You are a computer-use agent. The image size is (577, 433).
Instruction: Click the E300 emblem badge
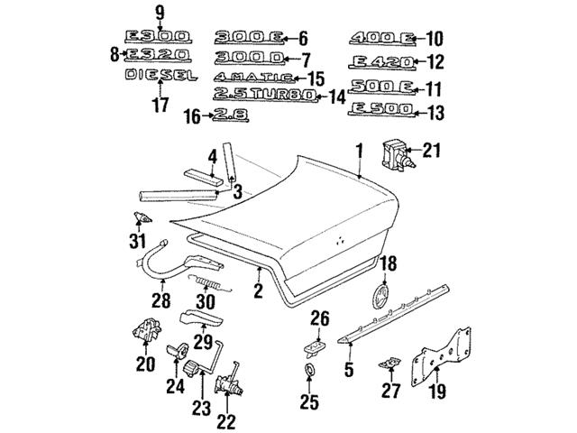coord(158,37)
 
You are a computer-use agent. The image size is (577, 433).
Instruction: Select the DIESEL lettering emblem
coord(161,75)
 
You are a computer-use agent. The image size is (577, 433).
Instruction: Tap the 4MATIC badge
coord(254,78)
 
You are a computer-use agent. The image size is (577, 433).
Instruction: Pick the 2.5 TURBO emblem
coord(265,95)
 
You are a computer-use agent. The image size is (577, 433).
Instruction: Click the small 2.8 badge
coord(231,115)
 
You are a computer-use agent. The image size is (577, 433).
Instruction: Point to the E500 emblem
coord(380,109)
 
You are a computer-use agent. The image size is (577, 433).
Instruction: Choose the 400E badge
coord(382,38)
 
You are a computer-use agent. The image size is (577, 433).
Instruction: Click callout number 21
coord(431,151)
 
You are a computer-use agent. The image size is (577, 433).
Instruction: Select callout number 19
coord(437,391)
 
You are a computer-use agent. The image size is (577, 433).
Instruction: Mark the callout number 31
coord(138,241)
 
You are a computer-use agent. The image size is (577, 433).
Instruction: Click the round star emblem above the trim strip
coord(380,295)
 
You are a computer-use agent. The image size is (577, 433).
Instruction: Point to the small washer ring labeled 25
coord(309,369)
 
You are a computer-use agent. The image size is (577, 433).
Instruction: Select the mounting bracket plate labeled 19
coord(441,357)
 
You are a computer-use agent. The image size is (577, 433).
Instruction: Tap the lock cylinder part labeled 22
coord(229,382)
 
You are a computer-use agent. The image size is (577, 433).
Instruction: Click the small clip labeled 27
coord(390,363)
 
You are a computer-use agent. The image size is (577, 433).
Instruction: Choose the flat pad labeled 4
coord(204,177)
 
